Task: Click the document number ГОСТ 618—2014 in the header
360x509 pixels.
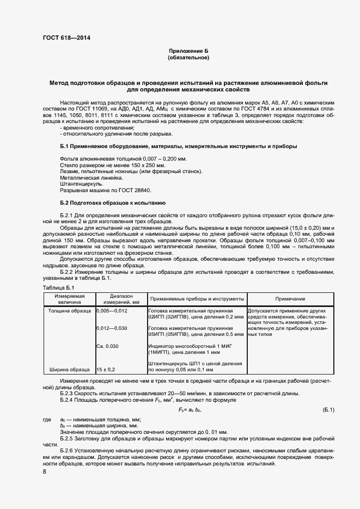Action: (68, 38)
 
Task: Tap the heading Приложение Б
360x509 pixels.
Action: (188, 51)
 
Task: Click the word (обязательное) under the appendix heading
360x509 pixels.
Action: (188, 57)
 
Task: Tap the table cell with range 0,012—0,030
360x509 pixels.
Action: (112, 329)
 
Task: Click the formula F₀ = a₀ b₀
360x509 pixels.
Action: (190, 409)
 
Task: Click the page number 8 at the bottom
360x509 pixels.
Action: (45, 471)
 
